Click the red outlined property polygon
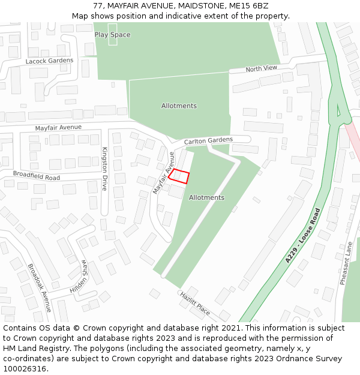coord(179,176)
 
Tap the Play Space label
coord(112,35)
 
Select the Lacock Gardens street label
coord(49,61)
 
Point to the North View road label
coord(262,68)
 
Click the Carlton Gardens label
coord(208,140)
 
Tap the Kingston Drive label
coord(104,169)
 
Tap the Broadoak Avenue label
coord(40,287)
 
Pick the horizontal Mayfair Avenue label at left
coord(58,128)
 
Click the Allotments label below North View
coord(179,106)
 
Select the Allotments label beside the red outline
coord(206,197)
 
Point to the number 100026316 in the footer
coord(25,368)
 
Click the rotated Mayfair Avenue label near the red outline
coord(163,173)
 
